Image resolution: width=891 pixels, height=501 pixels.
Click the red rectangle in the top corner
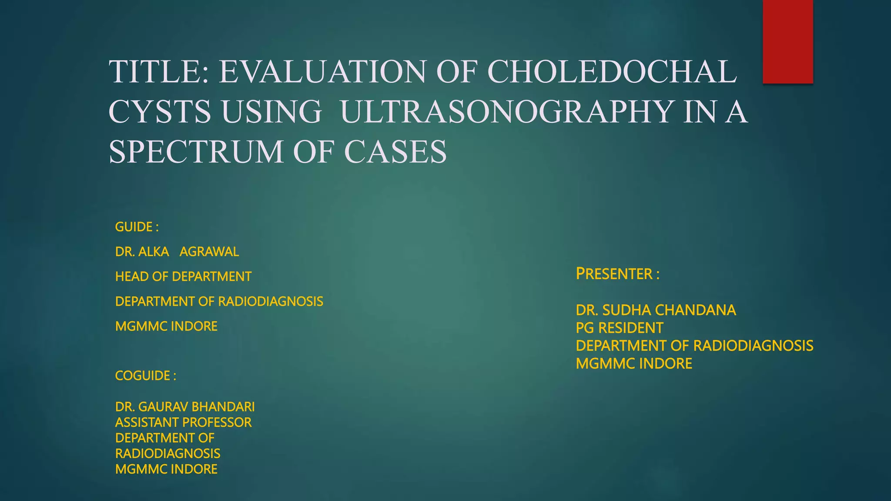tap(787, 41)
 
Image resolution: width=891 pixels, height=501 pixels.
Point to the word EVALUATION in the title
tap(322, 71)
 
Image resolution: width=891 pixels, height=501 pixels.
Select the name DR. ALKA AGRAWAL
tap(177, 252)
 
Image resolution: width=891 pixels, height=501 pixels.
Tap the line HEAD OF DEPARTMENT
tap(183, 277)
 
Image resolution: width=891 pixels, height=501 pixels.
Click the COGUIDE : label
tap(145, 376)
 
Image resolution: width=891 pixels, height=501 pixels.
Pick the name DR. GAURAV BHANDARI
tap(185, 407)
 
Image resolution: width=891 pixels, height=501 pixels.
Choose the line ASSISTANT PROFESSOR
tap(183, 422)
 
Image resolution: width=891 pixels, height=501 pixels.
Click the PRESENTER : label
tap(617, 274)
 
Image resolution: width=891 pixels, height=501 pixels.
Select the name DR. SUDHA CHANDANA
tap(656, 310)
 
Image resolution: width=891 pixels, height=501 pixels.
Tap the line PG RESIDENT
tap(619, 328)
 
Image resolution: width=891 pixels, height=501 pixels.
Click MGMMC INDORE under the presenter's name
tap(634, 364)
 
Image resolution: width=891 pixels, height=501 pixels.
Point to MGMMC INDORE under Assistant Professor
tap(166, 469)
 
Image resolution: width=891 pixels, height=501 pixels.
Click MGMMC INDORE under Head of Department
tap(166, 326)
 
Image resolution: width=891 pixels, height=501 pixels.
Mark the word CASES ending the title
tap(395, 151)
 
